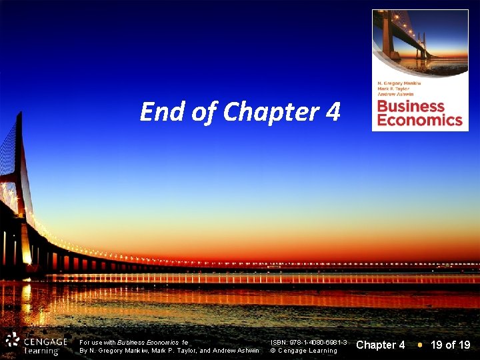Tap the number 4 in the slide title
tap(333, 112)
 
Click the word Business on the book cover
tap(411, 107)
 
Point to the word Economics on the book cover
tap(419, 120)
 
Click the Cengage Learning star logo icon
tap(12, 341)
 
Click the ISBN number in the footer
tap(308, 341)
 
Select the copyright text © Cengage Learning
tap(303, 351)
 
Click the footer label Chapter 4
tap(381, 345)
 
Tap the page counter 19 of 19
tap(451, 345)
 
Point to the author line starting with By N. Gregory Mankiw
tap(169, 351)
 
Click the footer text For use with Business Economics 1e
tap(134, 341)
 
